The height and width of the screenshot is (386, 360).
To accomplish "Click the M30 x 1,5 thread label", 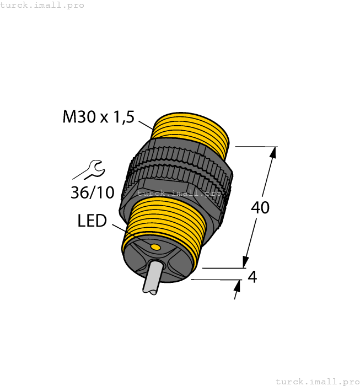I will (x=99, y=117).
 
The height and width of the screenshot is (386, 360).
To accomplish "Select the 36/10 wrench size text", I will (x=93, y=192).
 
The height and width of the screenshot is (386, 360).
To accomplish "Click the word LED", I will (x=92, y=221).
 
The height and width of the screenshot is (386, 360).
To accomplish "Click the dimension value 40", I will (x=260, y=208).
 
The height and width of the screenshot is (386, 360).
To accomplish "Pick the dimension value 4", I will (x=252, y=277).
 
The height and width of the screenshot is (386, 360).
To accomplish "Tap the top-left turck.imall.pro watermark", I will (x=42, y=5).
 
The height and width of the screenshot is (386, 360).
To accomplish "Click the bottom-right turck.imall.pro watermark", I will (x=317, y=381).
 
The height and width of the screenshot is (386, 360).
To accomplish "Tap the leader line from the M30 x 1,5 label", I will (x=145, y=124).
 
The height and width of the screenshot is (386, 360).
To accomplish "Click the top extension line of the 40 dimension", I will (x=256, y=147).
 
